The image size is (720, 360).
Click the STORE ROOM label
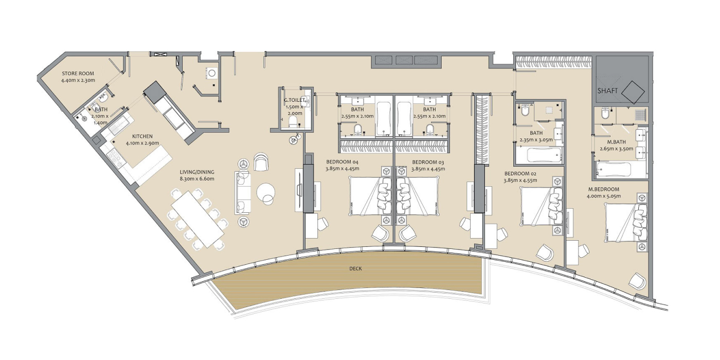click(78, 74)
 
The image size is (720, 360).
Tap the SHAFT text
click(607, 91)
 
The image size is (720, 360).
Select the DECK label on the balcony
click(355, 268)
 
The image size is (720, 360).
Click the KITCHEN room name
click(142, 136)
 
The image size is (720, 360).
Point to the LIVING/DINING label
click(197, 172)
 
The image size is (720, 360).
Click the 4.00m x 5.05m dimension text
click(604, 196)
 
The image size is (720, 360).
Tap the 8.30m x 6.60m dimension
click(197, 179)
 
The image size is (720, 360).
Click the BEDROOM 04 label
click(342, 162)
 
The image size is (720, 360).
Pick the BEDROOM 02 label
click(520, 174)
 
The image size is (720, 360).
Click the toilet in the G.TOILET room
click(293, 122)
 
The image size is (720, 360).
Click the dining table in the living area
click(197, 218)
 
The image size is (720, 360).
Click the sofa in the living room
click(243, 192)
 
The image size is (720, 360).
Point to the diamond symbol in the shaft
click(633, 92)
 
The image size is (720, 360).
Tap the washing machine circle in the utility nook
click(212, 73)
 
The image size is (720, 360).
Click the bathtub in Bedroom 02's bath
click(545, 155)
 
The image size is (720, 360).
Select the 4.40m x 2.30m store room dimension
click(78, 80)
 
